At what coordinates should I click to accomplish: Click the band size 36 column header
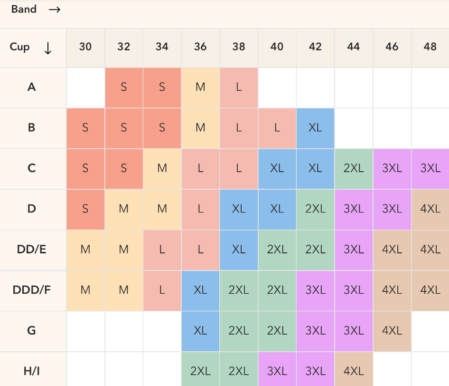pos(200,47)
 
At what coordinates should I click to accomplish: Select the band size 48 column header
pos(430,47)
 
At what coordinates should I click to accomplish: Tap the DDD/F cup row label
pos(32,289)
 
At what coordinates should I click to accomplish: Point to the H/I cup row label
pos(32,371)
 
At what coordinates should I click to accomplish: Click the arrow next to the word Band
pos(55,10)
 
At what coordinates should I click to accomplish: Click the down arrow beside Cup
pos(48,48)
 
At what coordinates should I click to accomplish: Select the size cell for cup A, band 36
pos(200,87)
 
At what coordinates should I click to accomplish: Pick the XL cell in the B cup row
pos(315,128)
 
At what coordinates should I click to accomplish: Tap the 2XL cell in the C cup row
pos(354,168)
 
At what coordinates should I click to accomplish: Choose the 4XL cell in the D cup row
pos(430,209)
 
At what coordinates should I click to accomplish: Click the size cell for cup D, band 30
pos(85,209)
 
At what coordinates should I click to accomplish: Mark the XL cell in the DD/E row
pos(239,250)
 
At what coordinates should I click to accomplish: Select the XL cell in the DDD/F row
pos(200,290)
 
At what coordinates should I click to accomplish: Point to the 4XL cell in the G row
pos(392,330)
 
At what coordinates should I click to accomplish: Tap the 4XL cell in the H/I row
pos(354,371)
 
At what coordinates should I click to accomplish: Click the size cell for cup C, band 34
pos(162,168)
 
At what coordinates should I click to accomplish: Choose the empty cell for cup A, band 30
pos(85,87)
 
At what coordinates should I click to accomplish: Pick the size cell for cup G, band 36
pos(200,330)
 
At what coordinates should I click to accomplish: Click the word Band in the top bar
pos(24,10)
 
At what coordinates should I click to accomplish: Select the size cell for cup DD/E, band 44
pos(354,250)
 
